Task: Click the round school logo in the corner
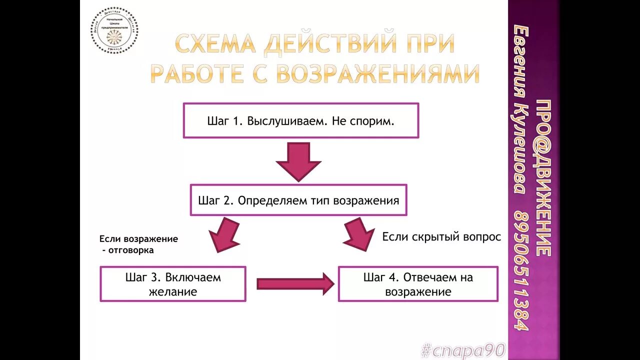(x=114, y=30)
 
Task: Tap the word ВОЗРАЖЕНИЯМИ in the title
(x=377, y=74)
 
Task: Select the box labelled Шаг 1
(x=300, y=120)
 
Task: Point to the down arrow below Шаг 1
(x=298, y=161)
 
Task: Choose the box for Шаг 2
(x=298, y=200)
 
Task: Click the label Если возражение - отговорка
(x=138, y=244)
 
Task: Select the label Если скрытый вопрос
(x=441, y=237)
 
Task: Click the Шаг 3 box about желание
(x=173, y=284)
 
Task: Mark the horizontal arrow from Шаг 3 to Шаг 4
(x=295, y=284)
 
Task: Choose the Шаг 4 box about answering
(x=418, y=284)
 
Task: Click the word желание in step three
(x=173, y=291)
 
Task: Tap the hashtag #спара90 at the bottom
(x=463, y=350)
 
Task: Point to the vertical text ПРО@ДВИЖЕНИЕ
(x=543, y=178)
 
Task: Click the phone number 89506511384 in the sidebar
(x=520, y=270)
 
